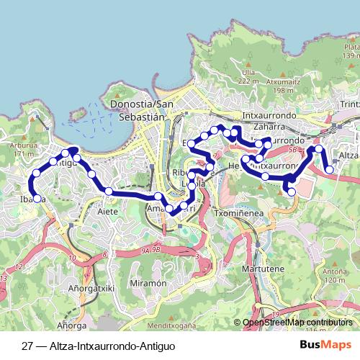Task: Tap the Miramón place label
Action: coord(150,284)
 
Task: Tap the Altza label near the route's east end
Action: coord(348,156)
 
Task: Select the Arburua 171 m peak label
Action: coord(24,149)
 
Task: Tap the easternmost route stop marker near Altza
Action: coord(329,170)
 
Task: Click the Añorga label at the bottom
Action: coord(68,325)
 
